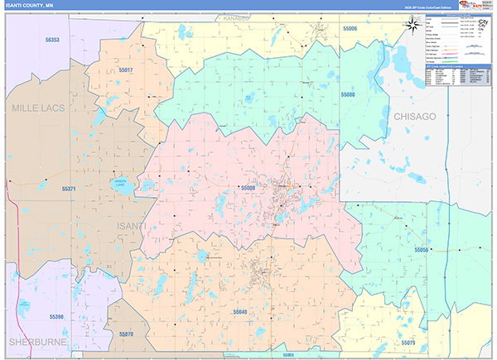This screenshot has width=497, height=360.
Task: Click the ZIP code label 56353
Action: (x=52, y=39)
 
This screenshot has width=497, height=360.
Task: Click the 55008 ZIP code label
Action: (x=248, y=188)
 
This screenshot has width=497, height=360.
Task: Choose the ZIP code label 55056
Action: (x=421, y=250)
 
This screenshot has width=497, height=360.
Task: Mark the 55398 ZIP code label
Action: (x=56, y=317)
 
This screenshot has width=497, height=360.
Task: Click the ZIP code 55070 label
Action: (x=125, y=334)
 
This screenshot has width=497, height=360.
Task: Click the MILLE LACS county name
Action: (x=37, y=108)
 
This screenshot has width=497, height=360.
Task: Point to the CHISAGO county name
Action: (x=414, y=117)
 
